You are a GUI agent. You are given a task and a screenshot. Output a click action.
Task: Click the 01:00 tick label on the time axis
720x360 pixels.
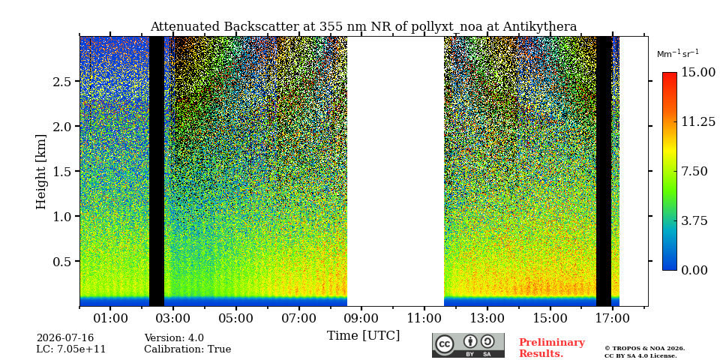click(110, 318)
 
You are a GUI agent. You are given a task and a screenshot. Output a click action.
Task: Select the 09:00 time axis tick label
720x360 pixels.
click(361, 318)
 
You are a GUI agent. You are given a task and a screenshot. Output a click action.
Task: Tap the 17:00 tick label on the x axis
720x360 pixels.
click(613, 318)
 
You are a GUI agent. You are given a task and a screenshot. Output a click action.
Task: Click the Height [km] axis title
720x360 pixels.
click(41, 172)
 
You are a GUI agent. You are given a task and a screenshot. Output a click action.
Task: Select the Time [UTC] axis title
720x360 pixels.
click(363, 335)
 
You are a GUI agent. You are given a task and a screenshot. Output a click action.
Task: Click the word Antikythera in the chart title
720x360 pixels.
click(539, 27)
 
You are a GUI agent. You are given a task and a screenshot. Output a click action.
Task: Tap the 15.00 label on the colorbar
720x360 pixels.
click(697, 72)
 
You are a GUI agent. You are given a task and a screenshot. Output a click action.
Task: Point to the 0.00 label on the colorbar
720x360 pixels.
click(694, 270)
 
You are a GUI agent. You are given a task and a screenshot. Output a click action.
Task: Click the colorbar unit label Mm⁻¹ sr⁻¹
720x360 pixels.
click(678, 54)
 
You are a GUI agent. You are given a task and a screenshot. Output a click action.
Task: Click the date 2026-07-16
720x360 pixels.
click(65, 338)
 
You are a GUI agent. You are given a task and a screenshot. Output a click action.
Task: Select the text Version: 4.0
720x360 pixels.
click(174, 338)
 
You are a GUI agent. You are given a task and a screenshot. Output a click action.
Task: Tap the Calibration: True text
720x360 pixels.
click(187, 349)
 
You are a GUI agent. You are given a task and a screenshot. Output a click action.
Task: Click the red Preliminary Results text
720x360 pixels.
click(552, 348)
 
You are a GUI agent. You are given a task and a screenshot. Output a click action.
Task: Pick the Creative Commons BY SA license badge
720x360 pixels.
click(468, 345)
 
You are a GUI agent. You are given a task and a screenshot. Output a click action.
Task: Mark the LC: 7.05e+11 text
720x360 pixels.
click(71, 349)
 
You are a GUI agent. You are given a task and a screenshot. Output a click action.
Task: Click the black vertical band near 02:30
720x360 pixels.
click(157, 171)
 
